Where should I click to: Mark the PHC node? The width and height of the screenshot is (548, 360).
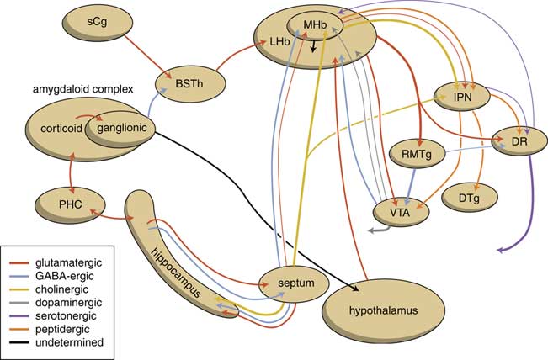tap(69, 204)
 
